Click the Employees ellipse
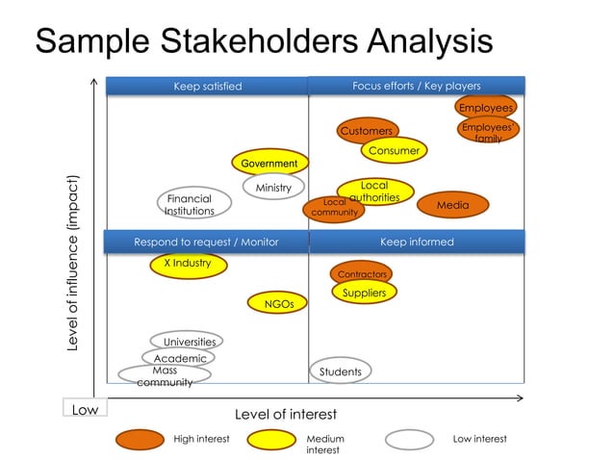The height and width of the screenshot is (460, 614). (x=485, y=108)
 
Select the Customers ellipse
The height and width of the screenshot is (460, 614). (x=367, y=131)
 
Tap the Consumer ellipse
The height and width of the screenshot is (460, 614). (x=394, y=151)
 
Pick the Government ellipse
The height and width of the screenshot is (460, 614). (x=269, y=164)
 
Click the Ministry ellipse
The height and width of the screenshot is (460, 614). (x=273, y=188)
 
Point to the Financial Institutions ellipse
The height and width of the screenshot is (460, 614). (x=190, y=204)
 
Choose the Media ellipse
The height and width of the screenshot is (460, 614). (x=452, y=205)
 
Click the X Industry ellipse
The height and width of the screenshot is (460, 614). (x=188, y=264)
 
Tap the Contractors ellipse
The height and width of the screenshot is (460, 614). (x=361, y=274)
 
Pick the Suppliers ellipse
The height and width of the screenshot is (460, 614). (x=364, y=293)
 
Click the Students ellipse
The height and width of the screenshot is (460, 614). (x=340, y=371)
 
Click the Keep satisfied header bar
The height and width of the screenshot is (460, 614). (x=207, y=87)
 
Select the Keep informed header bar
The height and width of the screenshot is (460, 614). (x=417, y=242)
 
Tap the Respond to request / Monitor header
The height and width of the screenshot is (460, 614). (x=207, y=242)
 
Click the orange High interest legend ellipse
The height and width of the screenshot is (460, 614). (x=140, y=440)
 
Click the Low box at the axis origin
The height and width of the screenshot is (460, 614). (x=85, y=410)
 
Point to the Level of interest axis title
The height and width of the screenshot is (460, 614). (x=286, y=414)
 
